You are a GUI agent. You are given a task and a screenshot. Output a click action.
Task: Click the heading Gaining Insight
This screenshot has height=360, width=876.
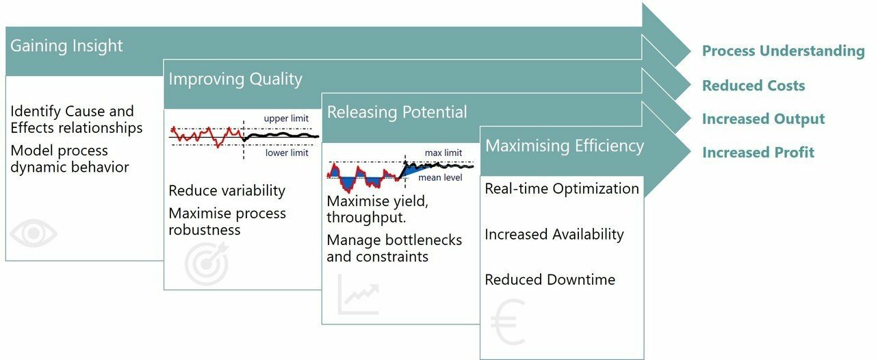pos(66,46)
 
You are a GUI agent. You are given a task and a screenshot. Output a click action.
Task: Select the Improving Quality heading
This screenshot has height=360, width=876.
pos(235,79)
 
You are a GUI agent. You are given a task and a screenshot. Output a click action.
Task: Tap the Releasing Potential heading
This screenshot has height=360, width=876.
pos(397,112)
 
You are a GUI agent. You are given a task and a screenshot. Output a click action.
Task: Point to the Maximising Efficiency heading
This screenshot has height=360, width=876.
pos(564,145)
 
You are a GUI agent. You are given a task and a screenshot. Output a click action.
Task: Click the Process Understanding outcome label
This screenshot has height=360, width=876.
pos(783,51)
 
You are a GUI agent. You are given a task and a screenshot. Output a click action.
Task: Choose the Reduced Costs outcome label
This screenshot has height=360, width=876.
pos(753,86)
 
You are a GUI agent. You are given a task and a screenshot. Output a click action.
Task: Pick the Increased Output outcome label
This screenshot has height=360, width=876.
pos(763,119)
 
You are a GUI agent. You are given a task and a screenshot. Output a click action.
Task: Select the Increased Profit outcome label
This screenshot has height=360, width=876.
pos(758,152)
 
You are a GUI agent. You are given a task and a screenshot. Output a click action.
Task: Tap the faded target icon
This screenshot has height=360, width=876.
pos(207,265)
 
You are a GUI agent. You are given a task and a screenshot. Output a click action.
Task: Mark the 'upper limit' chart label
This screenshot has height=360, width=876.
pos(286,119)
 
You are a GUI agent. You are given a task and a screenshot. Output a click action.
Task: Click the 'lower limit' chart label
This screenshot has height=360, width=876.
pos(287,153)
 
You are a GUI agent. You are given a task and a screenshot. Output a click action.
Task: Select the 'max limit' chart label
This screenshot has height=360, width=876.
pos(443,153)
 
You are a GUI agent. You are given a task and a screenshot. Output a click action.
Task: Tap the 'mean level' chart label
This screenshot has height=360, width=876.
pos(440,178)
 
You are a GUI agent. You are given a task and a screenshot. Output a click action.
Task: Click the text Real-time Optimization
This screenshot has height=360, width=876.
pos(562,189)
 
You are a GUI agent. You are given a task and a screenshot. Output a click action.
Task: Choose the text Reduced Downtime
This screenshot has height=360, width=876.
pos(550,279)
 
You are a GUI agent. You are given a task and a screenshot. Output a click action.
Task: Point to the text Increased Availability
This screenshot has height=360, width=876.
pos(554,235)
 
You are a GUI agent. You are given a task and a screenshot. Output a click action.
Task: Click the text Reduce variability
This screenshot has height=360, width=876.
pos(227,191)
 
